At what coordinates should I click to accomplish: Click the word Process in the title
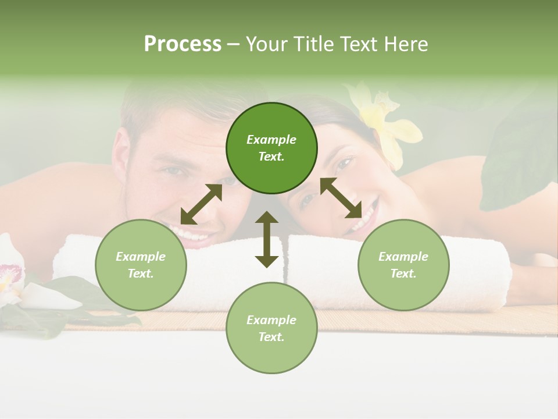coord(183,44)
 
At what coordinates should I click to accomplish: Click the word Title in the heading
coord(314,44)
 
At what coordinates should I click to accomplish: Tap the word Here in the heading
coord(406,44)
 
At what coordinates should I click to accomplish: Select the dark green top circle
coord(271,148)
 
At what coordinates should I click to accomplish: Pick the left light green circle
coord(141,265)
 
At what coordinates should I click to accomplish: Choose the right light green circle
coord(403,265)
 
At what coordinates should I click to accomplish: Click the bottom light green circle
coord(271,328)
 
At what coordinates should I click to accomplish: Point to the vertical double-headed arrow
coord(267,239)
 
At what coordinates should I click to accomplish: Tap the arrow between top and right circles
coord(341,198)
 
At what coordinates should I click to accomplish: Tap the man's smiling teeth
coord(195,234)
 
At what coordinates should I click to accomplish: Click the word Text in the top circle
coord(271,157)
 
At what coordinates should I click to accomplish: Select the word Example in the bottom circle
coord(271,319)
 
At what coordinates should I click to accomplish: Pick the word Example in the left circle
coord(141,257)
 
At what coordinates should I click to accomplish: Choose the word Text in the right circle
coord(403,274)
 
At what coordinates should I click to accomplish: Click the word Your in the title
coord(266,44)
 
